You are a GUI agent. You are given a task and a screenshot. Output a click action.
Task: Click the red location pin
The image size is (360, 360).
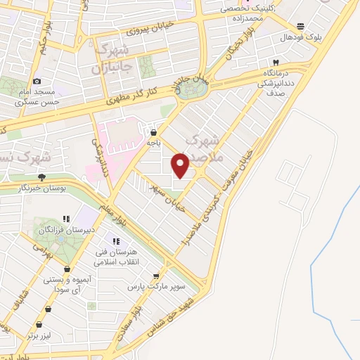[x=181, y=165]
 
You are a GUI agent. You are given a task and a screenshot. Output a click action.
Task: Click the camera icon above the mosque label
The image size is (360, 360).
[x=37, y=82]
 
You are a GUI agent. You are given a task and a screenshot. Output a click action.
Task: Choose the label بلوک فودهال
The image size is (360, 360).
[x=300, y=37]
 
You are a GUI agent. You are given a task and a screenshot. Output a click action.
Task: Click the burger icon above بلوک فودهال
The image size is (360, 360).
[x=301, y=25]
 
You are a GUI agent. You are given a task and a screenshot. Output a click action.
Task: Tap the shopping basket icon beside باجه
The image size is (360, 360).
[x=153, y=131]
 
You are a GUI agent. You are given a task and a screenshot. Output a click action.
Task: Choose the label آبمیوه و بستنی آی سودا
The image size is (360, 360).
[x=67, y=283]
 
